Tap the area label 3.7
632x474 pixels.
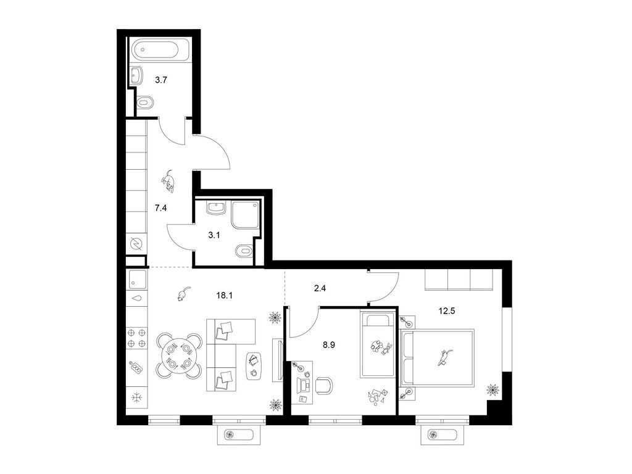[x=161, y=80]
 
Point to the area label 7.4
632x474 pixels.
[x=161, y=208]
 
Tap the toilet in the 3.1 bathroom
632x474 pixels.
[x=243, y=251]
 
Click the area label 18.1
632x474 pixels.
[x=225, y=295]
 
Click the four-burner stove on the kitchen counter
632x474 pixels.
[x=136, y=338]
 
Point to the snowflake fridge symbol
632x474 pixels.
[x=137, y=398]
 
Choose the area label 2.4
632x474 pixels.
[x=320, y=288]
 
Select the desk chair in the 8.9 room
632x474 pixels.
[x=325, y=386]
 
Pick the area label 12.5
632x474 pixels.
[x=447, y=311]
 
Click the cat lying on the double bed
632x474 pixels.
[x=445, y=357]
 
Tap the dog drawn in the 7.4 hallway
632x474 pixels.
[x=168, y=181]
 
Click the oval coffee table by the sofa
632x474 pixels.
[x=254, y=366]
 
